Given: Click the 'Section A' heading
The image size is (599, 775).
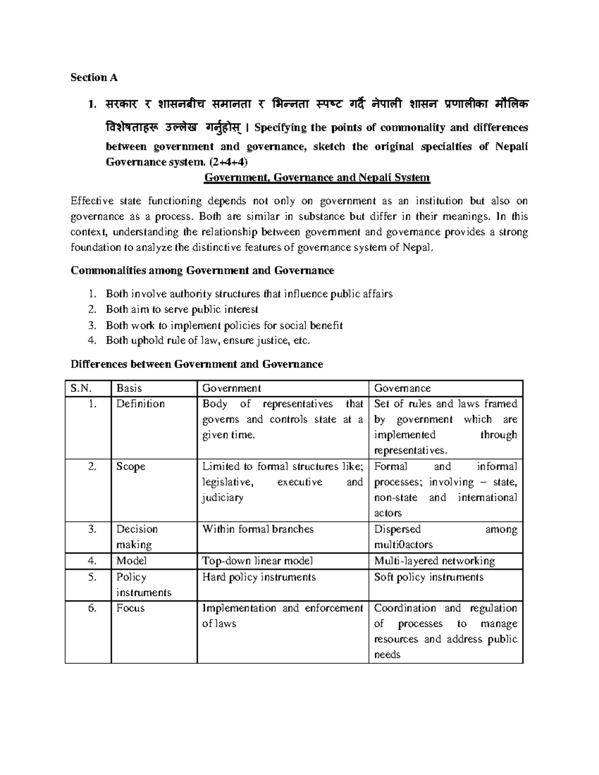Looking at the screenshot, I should [x=94, y=77].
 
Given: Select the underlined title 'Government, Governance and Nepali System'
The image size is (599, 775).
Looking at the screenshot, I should [x=317, y=177].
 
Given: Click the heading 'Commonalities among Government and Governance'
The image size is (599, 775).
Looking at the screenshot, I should [x=202, y=270].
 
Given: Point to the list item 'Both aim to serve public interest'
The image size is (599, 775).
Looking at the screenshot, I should [x=182, y=309].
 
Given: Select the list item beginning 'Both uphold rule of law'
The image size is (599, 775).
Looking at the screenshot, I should [x=208, y=341].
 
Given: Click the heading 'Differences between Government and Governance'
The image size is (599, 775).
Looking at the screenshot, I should [x=197, y=364].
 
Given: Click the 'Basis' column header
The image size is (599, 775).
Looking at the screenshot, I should [x=129, y=388].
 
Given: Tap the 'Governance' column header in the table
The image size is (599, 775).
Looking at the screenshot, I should [x=402, y=388].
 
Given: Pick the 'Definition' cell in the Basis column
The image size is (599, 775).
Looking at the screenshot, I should [x=140, y=404].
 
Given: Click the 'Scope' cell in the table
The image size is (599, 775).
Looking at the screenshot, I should [x=131, y=467].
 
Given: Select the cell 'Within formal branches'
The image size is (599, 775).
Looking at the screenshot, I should [x=258, y=529].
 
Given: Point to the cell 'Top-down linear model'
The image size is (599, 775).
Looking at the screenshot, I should [x=257, y=561].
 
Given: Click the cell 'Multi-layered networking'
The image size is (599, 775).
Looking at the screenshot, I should [x=434, y=561].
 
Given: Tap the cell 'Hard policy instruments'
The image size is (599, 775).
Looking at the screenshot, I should [x=259, y=577].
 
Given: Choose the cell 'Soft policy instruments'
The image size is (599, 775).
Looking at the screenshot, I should [x=429, y=577].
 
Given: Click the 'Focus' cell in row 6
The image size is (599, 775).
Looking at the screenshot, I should [x=130, y=608].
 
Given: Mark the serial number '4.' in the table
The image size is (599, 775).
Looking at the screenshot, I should [x=91, y=561].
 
